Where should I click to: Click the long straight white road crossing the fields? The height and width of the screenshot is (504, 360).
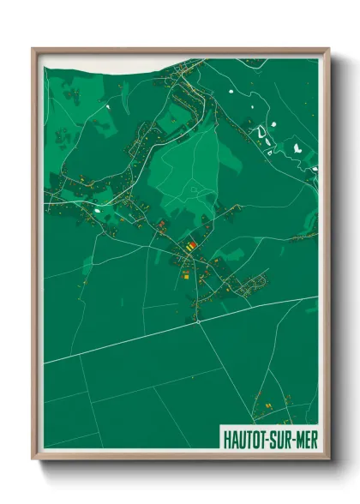pos(129,342)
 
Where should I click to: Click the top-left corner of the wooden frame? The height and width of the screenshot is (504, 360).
pos(33,49)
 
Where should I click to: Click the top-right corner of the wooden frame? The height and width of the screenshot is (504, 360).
pos(328,49)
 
